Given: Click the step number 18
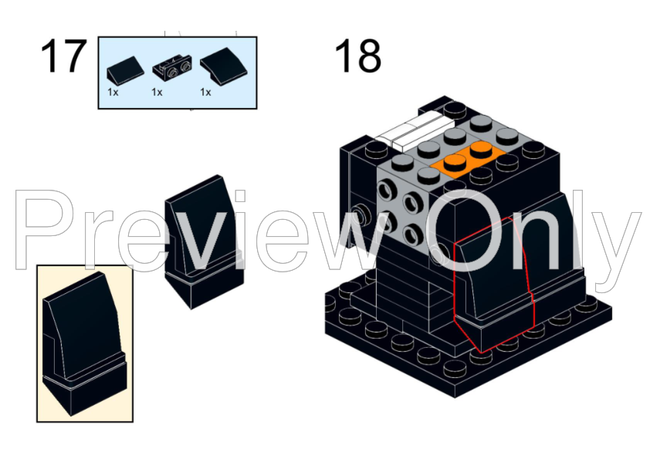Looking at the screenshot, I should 357,56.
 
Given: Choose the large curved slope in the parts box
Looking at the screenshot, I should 219,69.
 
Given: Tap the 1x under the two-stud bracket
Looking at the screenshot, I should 157,92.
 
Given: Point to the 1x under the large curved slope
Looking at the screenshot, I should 205,92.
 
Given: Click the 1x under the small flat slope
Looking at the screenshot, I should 113,92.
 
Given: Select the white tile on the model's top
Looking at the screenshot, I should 417,131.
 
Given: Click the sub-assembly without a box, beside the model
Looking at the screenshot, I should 202,239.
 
